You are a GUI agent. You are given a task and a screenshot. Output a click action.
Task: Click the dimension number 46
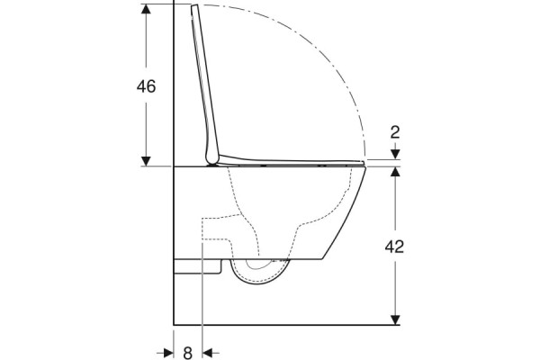point(146,86)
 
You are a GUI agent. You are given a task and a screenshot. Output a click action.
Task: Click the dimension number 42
point(394,247)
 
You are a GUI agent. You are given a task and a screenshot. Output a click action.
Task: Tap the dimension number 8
point(188,353)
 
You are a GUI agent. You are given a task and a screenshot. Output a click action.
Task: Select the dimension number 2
point(395,132)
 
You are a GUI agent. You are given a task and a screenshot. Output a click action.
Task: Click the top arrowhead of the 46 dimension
point(146,9)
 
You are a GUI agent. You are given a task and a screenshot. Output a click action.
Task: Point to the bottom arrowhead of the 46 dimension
point(146,161)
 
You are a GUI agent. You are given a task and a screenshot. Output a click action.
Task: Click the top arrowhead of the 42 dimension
point(395,172)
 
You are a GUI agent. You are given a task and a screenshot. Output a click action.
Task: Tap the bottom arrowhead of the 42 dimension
point(395,319)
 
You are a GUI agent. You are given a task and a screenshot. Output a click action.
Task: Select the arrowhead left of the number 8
point(168,353)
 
